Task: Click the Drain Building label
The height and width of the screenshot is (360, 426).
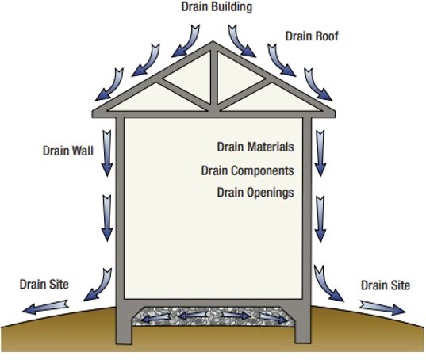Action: pos(217,7)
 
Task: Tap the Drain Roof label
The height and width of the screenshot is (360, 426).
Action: pos(312,36)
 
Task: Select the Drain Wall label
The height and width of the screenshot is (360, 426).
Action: pos(68,151)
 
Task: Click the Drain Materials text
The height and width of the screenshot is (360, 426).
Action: pos(255,147)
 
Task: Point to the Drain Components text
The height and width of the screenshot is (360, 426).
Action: pos(248,170)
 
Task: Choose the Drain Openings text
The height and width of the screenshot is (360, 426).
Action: pos(255,193)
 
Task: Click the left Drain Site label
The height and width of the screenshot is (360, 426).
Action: pos(44,284)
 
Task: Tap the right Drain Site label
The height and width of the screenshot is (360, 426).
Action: pos(386,285)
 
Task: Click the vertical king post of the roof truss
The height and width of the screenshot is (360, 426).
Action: pos(214,78)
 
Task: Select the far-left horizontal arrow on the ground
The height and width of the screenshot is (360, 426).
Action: pos(45,307)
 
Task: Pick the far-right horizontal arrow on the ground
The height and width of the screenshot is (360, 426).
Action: pos(382,308)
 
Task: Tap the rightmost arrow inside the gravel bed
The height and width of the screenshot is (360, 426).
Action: pos(273,318)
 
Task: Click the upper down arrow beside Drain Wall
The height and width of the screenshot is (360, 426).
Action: pos(107,153)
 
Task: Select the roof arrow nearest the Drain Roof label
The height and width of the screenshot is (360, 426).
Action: pos(281,60)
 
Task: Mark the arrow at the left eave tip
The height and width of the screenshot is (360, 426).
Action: pos(109,85)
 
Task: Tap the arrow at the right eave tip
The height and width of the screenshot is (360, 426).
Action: pos(318,84)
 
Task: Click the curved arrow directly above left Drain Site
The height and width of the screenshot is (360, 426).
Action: pos(98,285)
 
